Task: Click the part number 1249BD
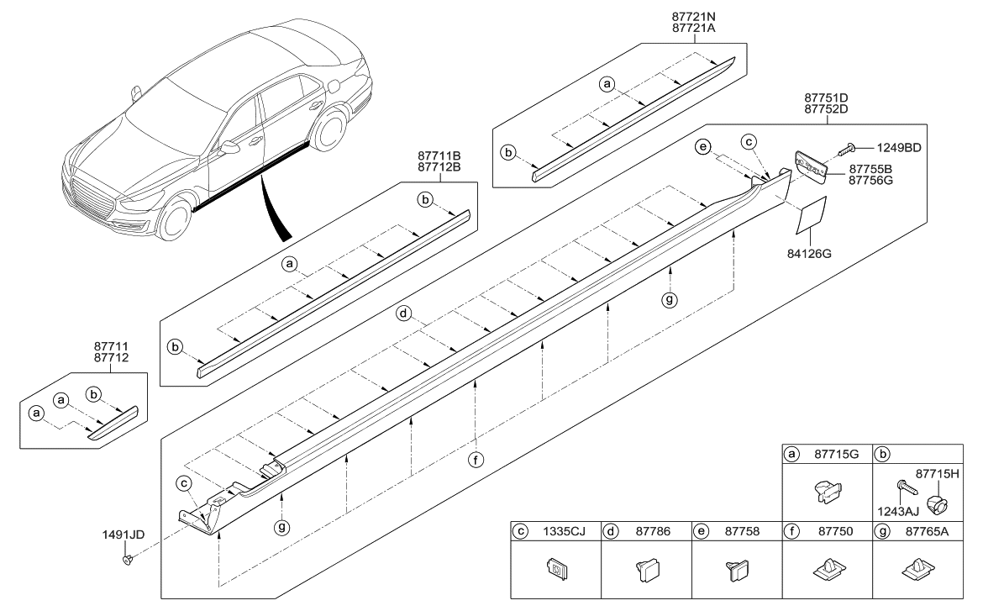pos(899,147)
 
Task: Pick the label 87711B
pos(438,156)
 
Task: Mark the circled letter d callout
pos(404,313)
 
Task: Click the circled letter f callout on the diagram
pos(476,460)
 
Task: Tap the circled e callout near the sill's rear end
pos(702,147)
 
